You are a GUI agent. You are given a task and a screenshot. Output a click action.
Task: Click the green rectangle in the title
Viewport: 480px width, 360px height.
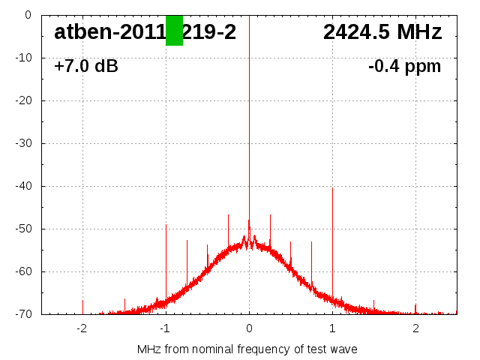[174, 30]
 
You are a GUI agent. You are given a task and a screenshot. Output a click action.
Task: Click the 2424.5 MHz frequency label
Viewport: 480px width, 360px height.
[382, 32]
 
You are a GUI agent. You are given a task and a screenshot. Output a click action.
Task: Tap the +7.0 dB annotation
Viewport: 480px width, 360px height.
[86, 67]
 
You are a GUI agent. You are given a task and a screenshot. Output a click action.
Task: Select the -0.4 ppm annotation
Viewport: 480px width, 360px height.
[404, 67]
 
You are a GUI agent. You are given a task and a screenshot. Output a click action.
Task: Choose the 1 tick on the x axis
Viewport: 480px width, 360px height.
[332, 328]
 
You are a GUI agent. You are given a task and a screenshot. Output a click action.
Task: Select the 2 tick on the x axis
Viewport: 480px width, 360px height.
[415, 328]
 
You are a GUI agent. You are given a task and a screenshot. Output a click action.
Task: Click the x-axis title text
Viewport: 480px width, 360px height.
[247, 349]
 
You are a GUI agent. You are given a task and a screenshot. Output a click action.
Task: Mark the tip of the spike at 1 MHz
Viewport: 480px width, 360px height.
[332, 188]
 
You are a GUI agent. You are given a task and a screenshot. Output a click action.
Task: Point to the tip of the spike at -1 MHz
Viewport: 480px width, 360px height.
[166, 225]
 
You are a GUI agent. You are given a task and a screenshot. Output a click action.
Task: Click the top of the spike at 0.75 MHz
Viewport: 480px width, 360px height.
[311, 242]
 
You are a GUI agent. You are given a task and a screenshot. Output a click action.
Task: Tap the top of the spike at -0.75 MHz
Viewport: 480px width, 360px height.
[187, 240]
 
